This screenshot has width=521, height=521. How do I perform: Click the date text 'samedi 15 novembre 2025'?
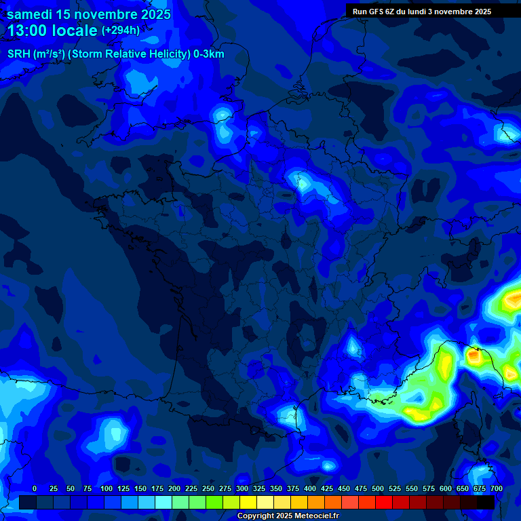point(89,14)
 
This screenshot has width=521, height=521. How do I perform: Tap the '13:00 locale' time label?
point(53,31)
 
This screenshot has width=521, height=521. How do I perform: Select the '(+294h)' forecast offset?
point(121,31)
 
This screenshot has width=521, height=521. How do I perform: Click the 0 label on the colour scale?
point(35,488)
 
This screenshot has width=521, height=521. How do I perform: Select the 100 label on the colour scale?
point(107,488)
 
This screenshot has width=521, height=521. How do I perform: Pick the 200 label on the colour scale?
point(174,488)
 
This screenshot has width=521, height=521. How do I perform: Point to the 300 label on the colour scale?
point(242,488)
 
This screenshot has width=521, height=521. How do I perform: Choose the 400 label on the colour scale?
point(310,488)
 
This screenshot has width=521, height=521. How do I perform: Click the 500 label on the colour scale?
point(378,488)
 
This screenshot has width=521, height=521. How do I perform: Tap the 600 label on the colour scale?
point(446,488)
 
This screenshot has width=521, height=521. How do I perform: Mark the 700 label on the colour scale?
point(497,488)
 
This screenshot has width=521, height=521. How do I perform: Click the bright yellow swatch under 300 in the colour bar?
point(248,502)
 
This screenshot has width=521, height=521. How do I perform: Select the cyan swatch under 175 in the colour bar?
point(163,502)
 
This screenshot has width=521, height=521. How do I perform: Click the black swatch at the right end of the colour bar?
point(486,502)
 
